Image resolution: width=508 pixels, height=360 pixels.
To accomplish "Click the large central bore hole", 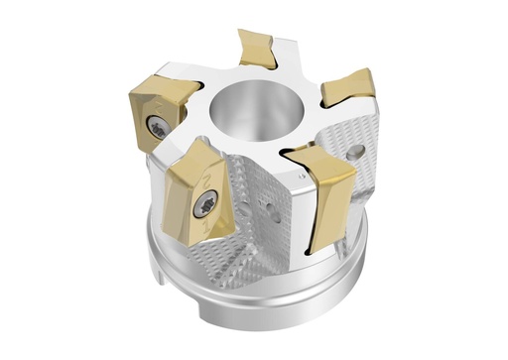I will [x=256, y=109].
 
